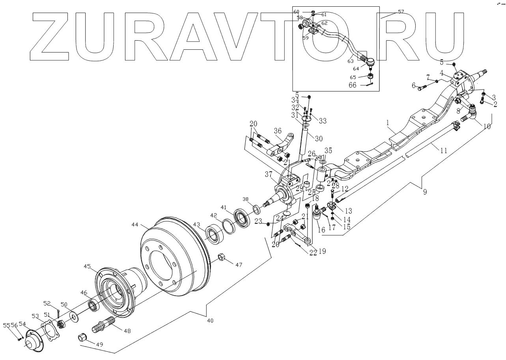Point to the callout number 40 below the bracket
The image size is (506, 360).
[x=210, y=321]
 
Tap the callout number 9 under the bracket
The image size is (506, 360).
[x=425, y=193]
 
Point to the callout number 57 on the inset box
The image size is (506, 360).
[x=401, y=12]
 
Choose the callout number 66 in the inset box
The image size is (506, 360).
[x=352, y=84]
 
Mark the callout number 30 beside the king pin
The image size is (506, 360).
[x=318, y=138]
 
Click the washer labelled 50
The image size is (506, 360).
[x=73, y=316]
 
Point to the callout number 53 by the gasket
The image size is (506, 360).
[x=35, y=316]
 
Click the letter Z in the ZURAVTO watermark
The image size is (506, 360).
[x=56, y=36]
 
